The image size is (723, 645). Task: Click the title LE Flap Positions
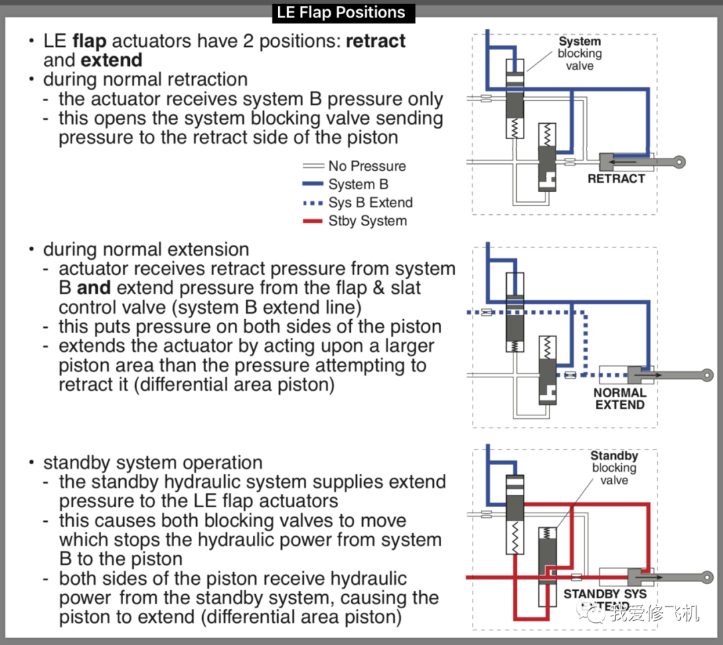(341, 13)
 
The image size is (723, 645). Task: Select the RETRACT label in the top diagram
(616, 179)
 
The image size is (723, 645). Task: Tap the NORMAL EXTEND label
(620, 399)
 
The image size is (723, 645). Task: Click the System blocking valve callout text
(580, 54)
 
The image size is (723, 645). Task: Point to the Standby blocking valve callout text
(614, 468)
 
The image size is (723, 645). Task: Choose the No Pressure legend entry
(367, 166)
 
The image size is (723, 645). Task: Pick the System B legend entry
(358, 184)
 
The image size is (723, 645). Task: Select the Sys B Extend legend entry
(370, 203)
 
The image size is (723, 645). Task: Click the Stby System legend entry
(367, 221)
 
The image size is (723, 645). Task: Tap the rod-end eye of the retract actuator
(679, 162)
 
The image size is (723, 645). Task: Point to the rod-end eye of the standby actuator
(706, 576)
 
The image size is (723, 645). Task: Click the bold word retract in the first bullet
(376, 41)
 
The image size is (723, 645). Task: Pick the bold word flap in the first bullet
(89, 41)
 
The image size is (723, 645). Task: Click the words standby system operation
(153, 462)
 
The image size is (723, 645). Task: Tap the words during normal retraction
(145, 79)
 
